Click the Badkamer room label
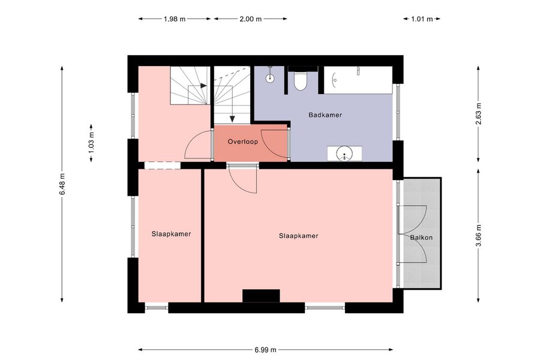325,115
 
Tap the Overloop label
243,142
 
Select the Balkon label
421,238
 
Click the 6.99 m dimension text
266,350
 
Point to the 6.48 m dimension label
62,184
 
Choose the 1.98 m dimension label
175,19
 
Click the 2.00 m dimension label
251,19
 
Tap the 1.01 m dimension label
422,19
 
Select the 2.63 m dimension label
478,113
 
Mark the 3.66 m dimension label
478,235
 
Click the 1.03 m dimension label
91,143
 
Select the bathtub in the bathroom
358,80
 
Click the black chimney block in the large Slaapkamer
261,296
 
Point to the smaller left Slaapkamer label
171,234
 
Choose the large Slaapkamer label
299,236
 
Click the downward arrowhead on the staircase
232,119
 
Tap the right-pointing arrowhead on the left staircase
203,86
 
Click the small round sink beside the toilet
270,78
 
